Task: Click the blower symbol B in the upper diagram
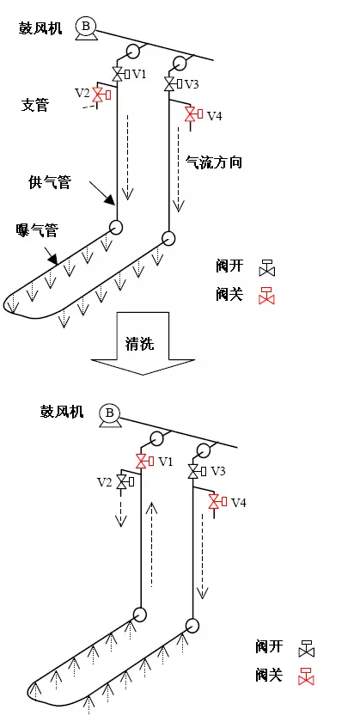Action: tap(86, 28)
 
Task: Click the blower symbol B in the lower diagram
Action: tap(110, 414)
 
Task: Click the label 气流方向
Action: tap(213, 162)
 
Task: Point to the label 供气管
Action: tap(50, 182)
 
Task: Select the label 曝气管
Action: tap(36, 229)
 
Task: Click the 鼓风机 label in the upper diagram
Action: tap(40, 28)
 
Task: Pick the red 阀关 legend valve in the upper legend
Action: tap(266, 296)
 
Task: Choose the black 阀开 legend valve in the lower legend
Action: tap(307, 649)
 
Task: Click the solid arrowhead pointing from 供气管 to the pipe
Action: tap(110, 199)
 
